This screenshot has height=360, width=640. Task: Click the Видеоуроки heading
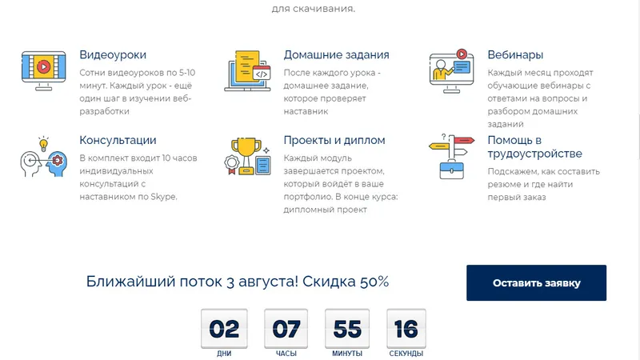click(x=113, y=54)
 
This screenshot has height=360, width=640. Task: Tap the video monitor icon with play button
click(x=44, y=70)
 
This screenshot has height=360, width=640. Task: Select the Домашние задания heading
click(x=336, y=54)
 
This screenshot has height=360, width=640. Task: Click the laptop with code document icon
click(x=247, y=70)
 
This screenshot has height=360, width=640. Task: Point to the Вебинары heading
click(x=515, y=54)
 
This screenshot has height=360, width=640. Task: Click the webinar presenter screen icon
click(x=451, y=71)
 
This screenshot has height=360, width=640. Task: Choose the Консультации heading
click(x=118, y=140)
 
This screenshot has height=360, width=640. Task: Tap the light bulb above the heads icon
click(x=43, y=144)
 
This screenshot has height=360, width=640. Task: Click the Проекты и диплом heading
click(x=334, y=140)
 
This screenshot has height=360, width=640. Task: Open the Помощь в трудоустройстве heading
click(x=534, y=146)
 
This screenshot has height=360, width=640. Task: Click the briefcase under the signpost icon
click(x=451, y=170)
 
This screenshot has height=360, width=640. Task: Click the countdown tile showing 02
click(x=224, y=329)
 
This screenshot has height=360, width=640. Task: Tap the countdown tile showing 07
click(x=286, y=329)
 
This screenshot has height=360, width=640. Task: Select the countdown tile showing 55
click(x=347, y=329)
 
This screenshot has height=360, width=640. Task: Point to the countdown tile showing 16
click(x=406, y=329)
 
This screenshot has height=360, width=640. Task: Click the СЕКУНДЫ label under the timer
click(x=406, y=354)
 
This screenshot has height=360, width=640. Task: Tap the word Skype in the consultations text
click(x=163, y=197)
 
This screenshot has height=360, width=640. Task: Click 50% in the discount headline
click(x=374, y=282)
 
